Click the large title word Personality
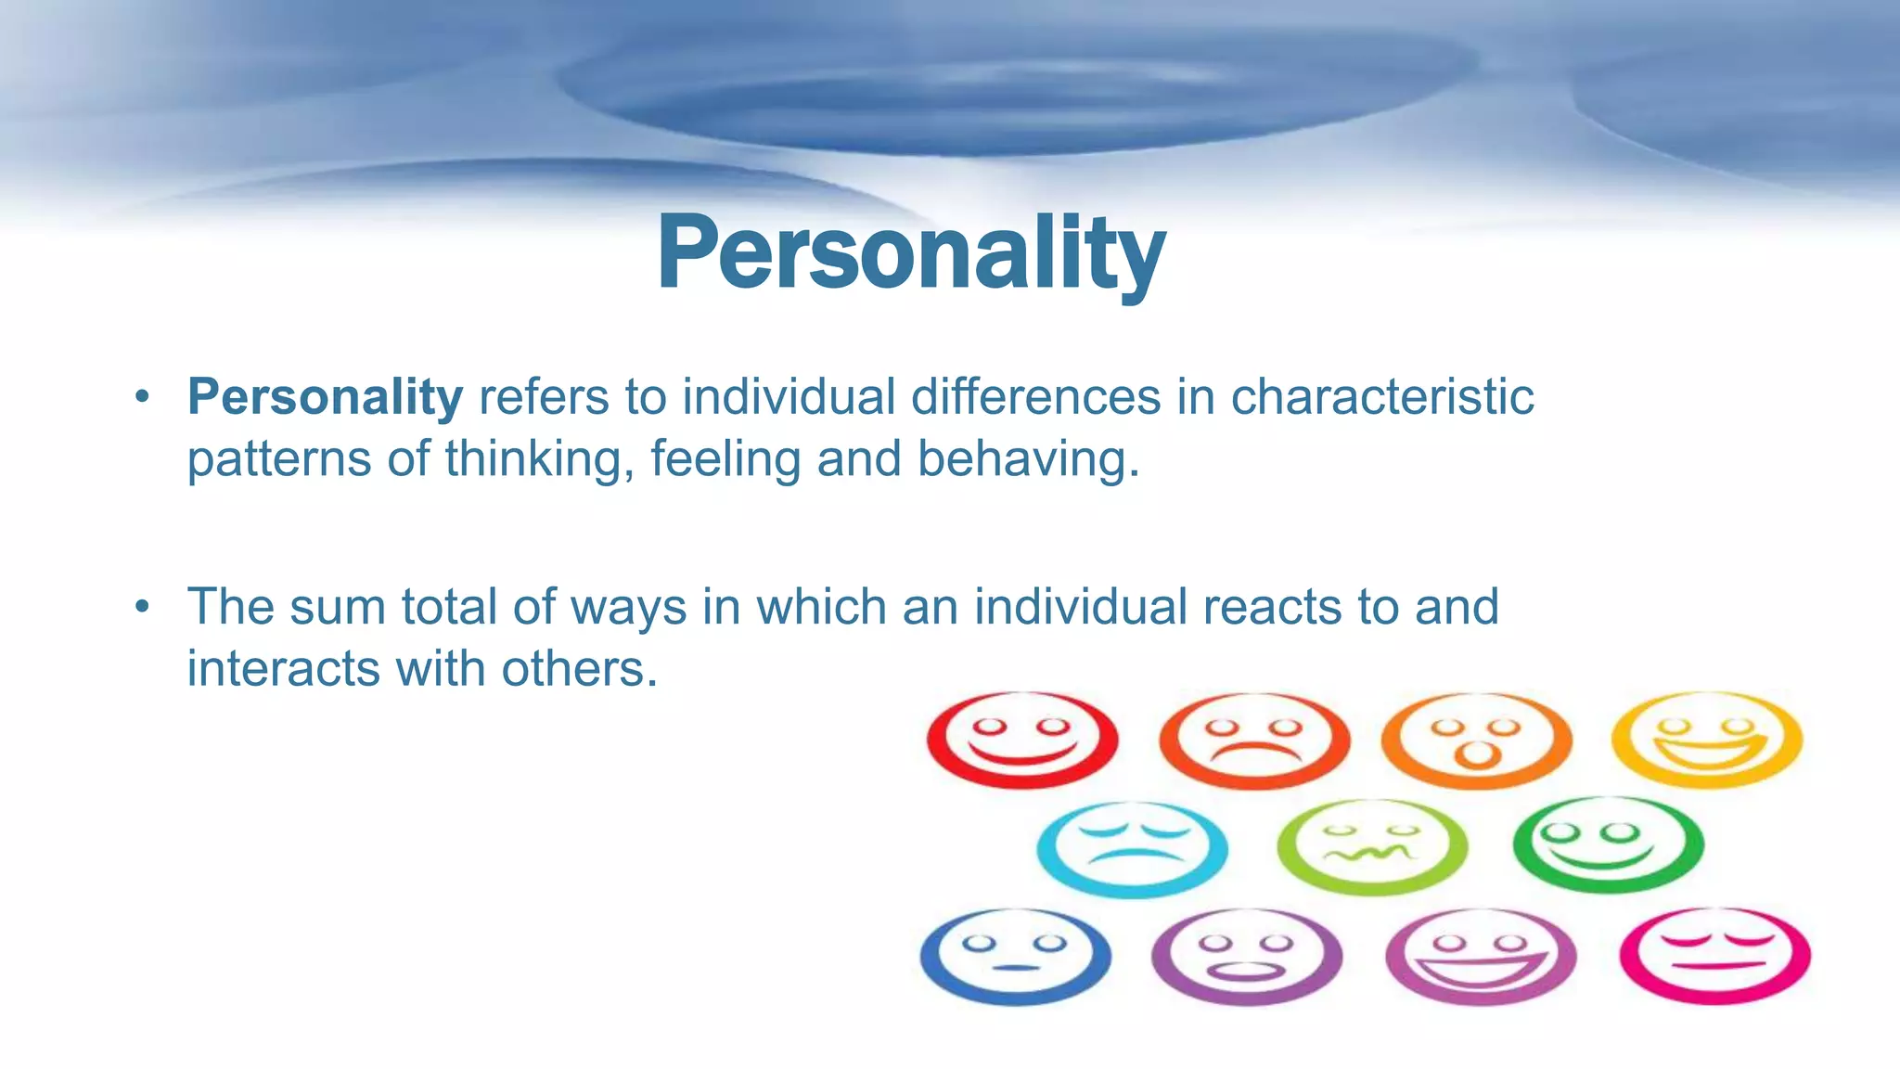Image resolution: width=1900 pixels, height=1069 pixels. pyautogui.click(x=911, y=254)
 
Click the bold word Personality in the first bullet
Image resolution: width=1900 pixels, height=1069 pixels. pyautogui.click(x=325, y=397)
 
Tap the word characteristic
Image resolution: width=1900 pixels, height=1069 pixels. pyautogui.click(x=1381, y=397)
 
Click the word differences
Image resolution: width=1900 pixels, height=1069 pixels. pyautogui.click(x=1035, y=397)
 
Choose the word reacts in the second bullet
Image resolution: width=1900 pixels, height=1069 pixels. pyautogui.click(x=1272, y=607)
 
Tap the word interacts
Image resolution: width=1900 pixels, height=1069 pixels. pyautogui.click(x=283, y=668)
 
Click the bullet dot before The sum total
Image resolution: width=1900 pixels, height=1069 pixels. pyautogui.click(x=141, y=607)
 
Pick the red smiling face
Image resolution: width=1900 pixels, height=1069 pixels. pyautogui.click(x=1022, y=740)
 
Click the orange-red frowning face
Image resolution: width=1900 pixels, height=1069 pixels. pyautogui.click(x=1254, y=740)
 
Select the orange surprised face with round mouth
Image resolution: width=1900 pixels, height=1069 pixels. pyautogui.click(x=1477, y=740)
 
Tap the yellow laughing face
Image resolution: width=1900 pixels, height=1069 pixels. pyautogui.click(x=1707, y=740)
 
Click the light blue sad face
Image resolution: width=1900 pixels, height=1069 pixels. pyautogui.click(x=1132, y=847)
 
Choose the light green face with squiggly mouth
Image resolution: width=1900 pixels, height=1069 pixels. pyautogui.click(x=1372, y=846)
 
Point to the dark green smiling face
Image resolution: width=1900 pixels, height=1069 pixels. pyautogui.click(x=1608, y=844)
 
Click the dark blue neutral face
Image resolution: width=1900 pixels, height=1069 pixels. pyautogui.click(x=1016, y=956)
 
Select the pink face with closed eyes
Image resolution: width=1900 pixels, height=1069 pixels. pyautogui.click(x=1714, y=956)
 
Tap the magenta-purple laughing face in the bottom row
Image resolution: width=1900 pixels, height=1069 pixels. pyautogui.click(x=1481, y=956)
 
